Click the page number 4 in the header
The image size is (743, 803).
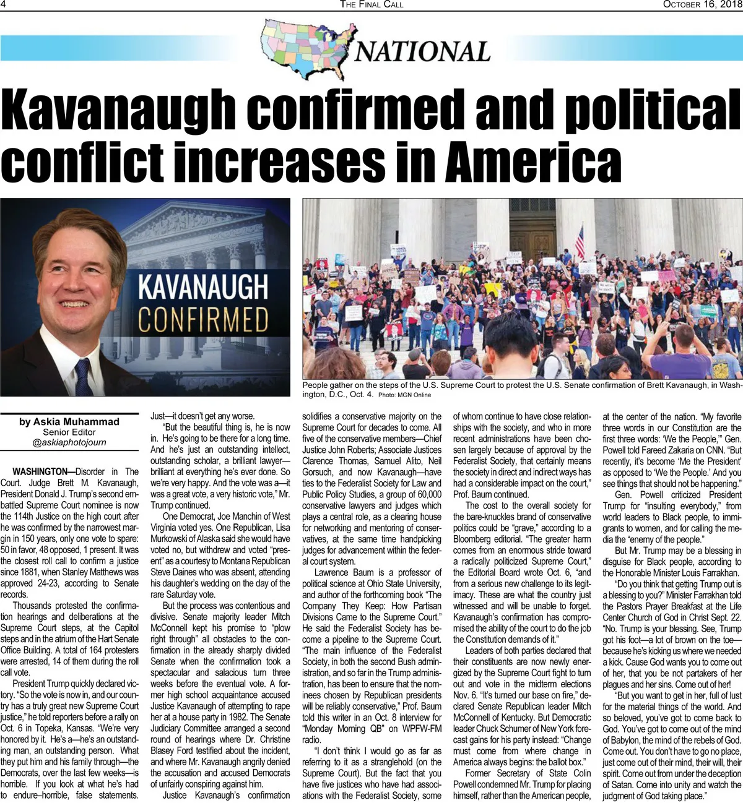(4, 4)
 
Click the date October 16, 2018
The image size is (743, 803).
(702, 4)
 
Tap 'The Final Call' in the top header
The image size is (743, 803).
(371, 4)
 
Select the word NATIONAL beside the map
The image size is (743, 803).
(422, 51)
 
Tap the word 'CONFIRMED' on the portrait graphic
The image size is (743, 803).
(202, 320)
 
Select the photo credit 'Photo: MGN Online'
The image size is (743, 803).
(404, 395)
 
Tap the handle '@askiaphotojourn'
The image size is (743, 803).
(69, 442)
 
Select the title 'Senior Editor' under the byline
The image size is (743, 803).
(69, 432)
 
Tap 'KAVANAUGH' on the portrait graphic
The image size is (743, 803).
(202, 286)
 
